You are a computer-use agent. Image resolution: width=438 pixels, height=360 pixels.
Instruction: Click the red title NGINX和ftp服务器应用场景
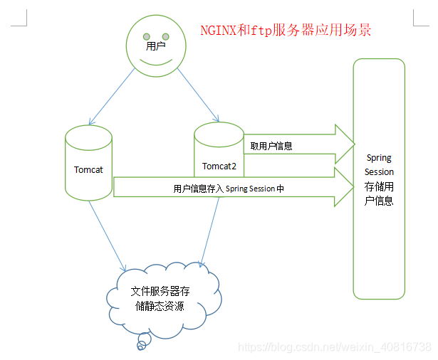(x=285, y=31)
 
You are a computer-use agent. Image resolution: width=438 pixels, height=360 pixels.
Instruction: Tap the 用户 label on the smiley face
(x=155, y=46)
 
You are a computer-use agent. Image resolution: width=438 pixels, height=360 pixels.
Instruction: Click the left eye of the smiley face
(x=145, y=36)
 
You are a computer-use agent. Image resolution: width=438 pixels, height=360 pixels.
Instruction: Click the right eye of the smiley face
(x=166, y=36)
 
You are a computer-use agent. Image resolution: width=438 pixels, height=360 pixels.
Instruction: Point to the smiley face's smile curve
(x=155, y=62)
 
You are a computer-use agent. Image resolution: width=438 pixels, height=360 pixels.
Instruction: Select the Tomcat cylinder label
(x=89, y=170)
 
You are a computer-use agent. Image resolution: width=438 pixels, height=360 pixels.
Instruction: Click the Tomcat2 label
(x=219, y=166)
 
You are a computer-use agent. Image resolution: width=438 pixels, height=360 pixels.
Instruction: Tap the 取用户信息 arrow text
(x=271, y=146)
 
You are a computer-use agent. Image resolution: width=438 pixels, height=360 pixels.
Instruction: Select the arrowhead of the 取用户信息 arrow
(x=345, y=144)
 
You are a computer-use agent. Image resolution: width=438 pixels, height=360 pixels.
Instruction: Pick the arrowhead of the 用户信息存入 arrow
(x=345, y=187)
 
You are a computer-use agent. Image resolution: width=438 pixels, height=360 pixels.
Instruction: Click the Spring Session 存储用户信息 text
(x=379, y=179)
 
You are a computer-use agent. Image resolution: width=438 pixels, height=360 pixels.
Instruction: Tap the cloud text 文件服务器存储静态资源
(x=160, y=299)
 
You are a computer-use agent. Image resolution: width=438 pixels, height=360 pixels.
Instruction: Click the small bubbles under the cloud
(x=141, y=346)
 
